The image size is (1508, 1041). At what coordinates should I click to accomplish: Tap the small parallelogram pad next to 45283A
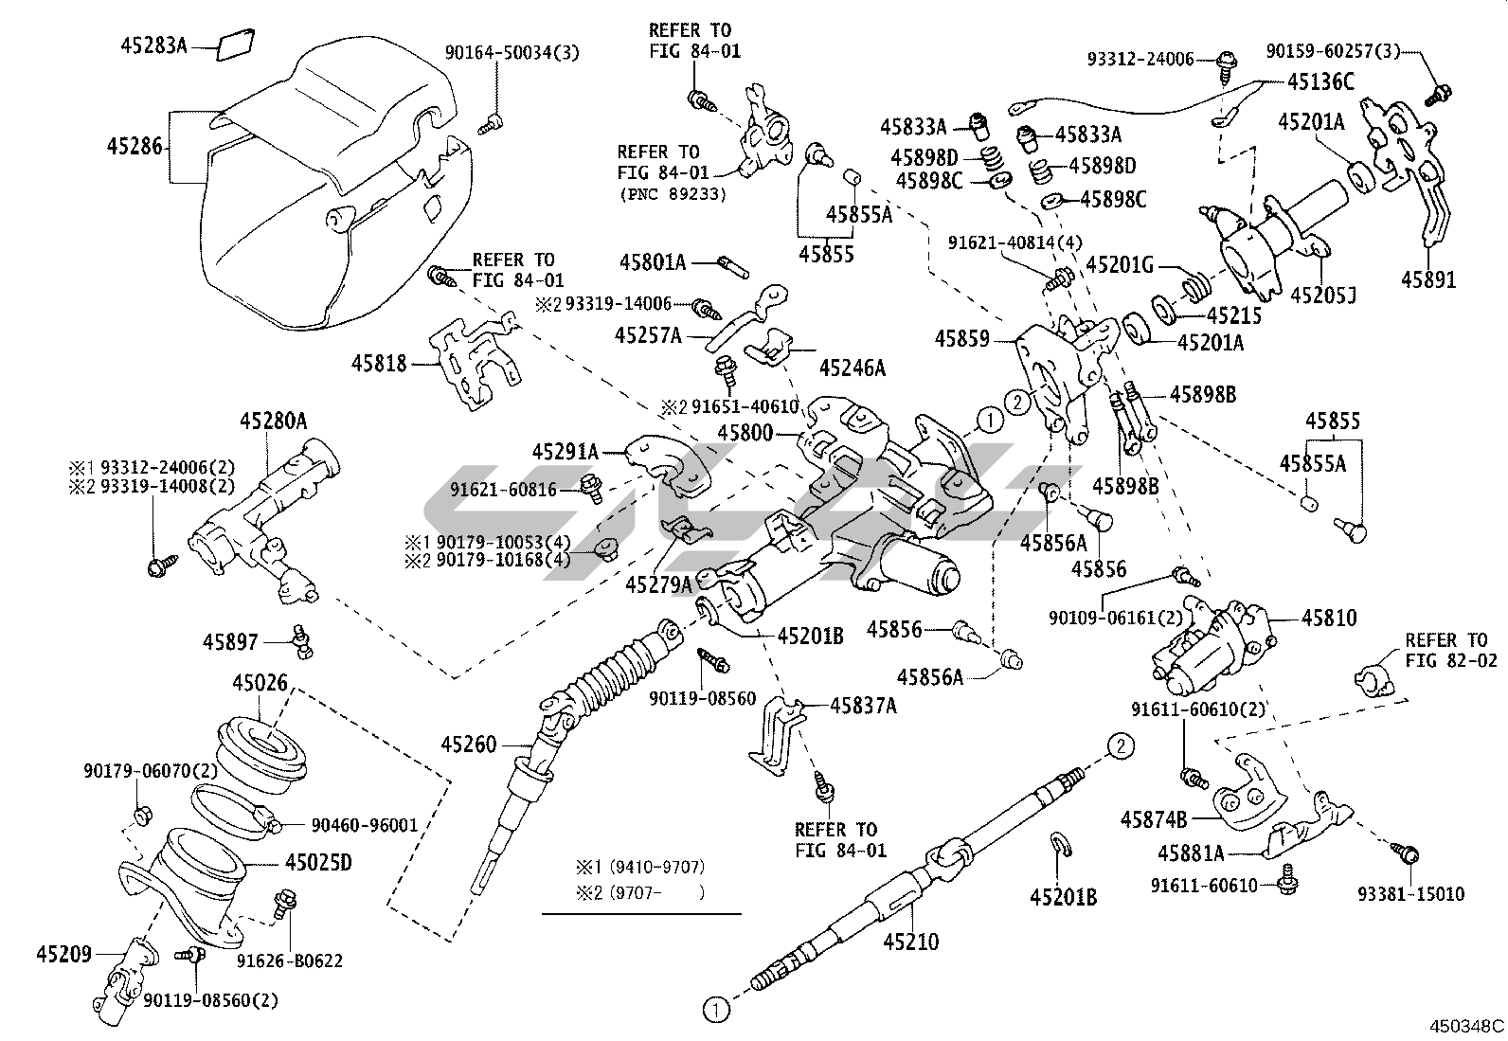[x=234, y=45]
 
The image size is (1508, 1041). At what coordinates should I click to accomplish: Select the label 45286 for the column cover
[x=135, y=147]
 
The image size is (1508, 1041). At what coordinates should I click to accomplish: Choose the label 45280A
[x=273, y=421]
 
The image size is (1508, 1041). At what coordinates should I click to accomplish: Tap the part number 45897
[x=229, y=641]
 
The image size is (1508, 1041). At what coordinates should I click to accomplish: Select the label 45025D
[x=318, y=863]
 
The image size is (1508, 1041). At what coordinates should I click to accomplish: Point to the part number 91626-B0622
[x=289, y=960]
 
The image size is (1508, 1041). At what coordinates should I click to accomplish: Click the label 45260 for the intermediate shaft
[x=468, y=745]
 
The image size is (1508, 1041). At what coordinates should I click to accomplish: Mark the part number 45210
[x=910, y=942]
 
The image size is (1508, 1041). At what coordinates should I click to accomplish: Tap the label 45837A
[x=863, y=705]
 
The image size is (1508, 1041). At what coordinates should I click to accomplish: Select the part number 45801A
[x=653, y=261]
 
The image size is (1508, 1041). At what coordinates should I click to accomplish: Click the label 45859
[x=961, y=338]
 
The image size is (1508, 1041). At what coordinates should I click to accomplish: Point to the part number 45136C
[x=1320, y=81]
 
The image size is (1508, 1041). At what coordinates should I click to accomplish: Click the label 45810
[x=1329, y=618]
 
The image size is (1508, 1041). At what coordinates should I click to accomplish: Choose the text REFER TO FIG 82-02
[x=1446, y=650]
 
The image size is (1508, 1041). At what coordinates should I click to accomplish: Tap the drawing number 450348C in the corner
[x=1467, y=1025]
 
